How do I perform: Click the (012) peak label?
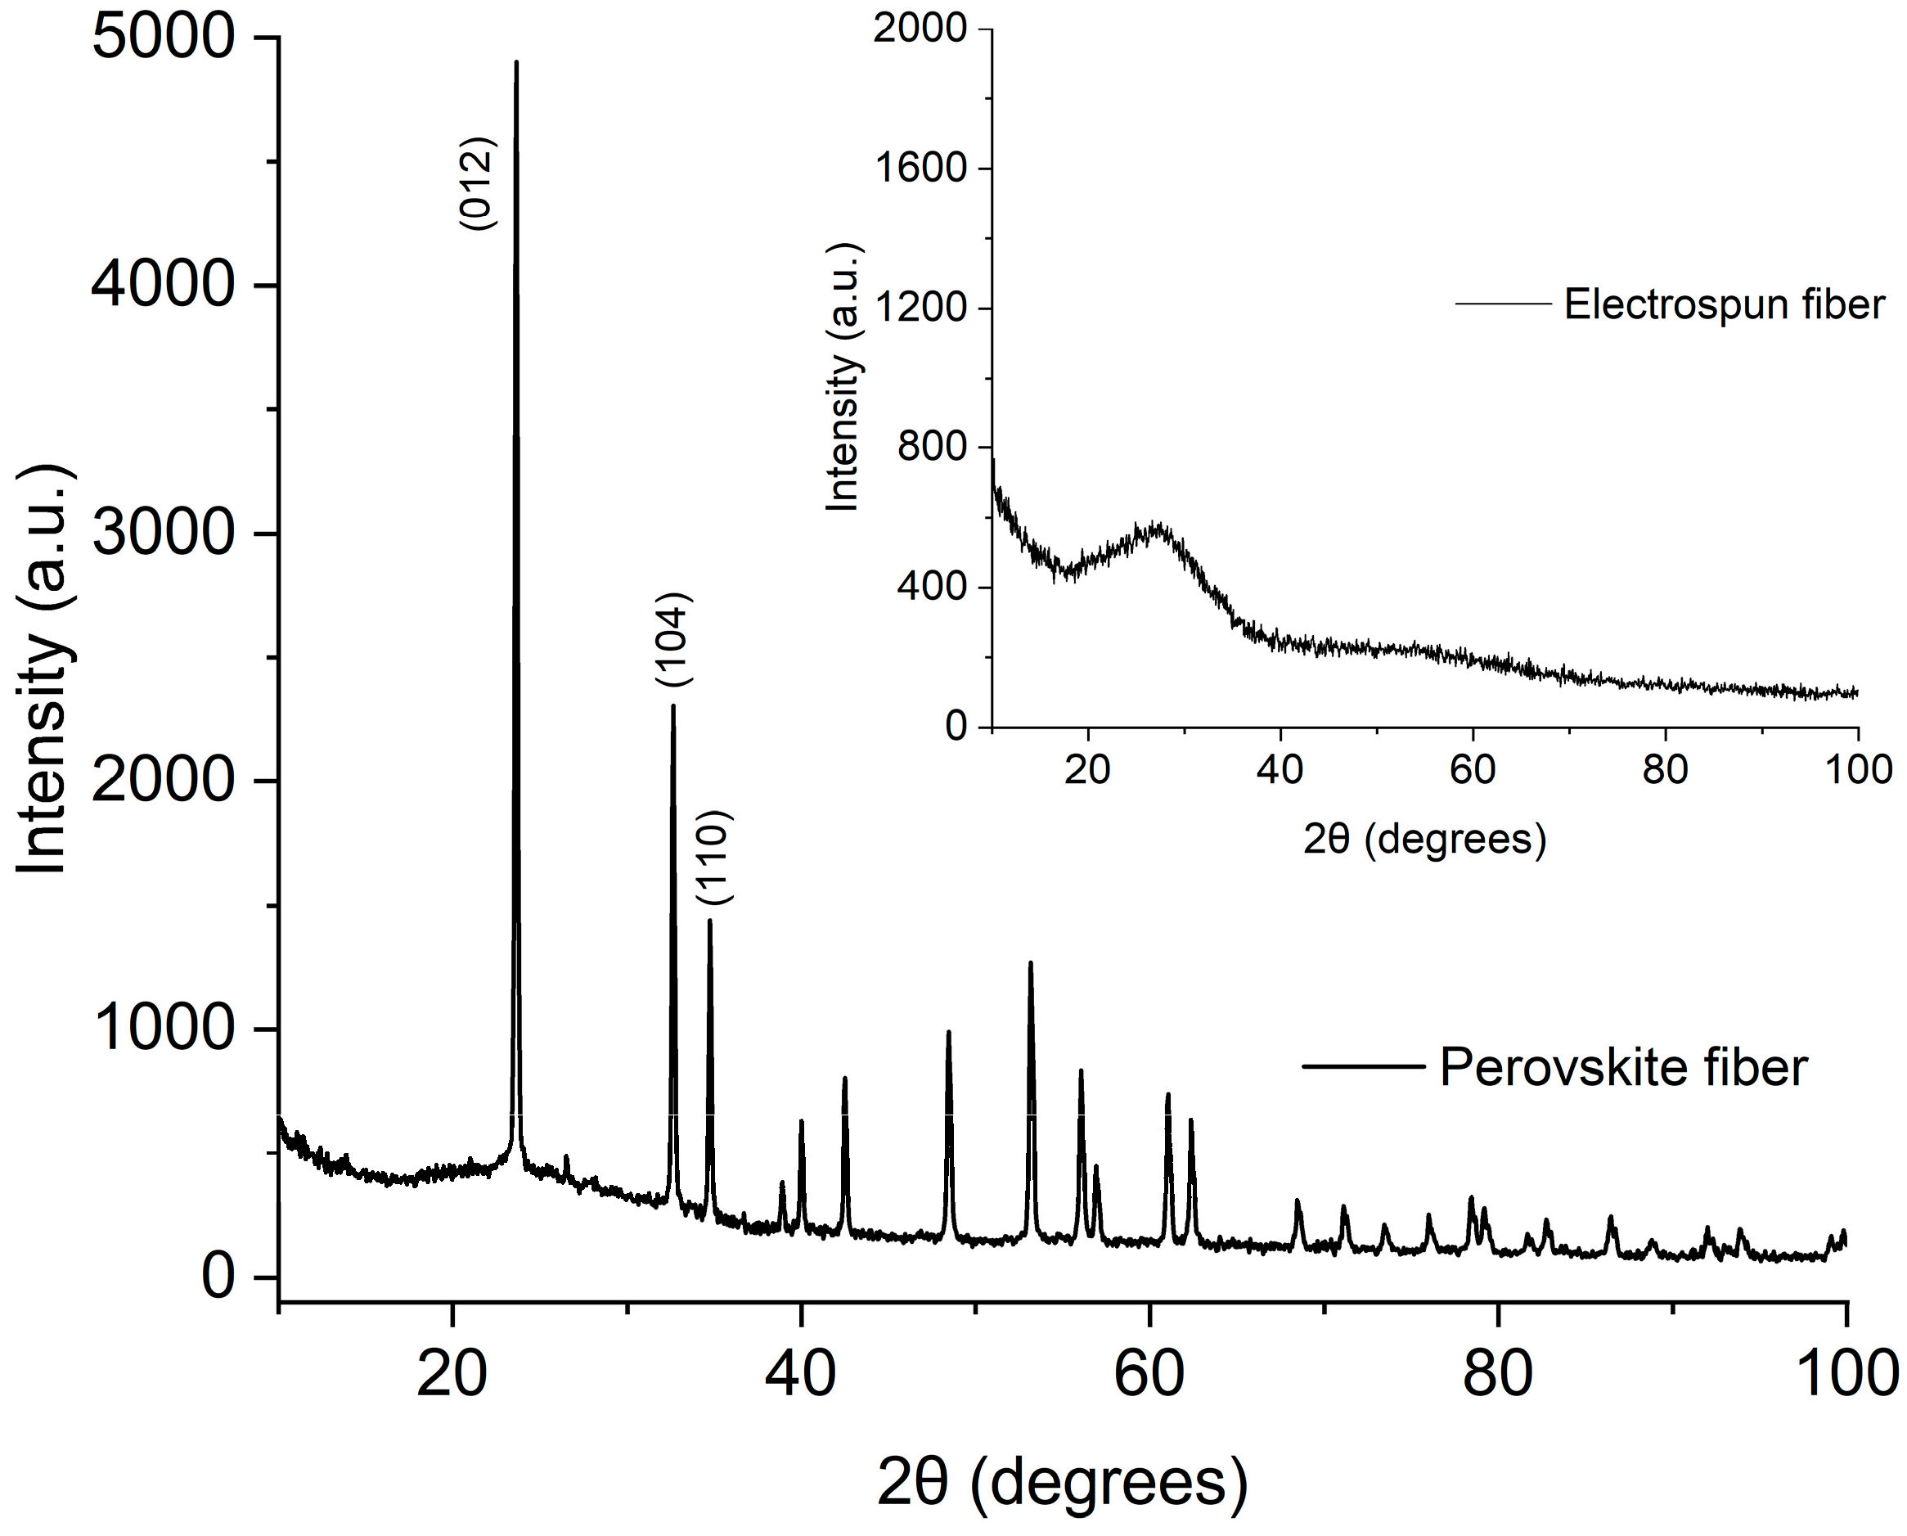tap(478, 184)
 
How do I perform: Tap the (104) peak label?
tap(673, 640)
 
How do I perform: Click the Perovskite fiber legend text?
tap(1622, 1067)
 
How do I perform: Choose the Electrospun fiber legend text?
tap(1724, 304)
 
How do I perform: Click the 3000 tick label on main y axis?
tap(164, 534)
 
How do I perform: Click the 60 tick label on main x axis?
tap(1149, 1375)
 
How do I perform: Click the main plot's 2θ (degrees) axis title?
tap(1061, 1483)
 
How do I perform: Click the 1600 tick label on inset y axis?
tap(920, 168)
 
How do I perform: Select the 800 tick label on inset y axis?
tap(933, 447)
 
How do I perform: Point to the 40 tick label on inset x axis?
tap(1280, 770)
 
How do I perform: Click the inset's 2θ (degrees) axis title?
tap(1424, 839)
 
